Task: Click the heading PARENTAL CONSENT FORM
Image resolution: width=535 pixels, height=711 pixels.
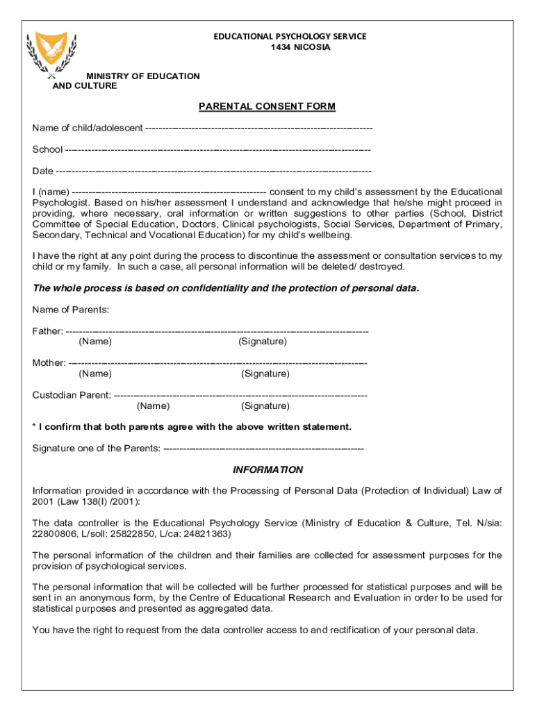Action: [x=267, y=106]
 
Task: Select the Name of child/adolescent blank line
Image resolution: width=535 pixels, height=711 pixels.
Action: [x=258, y=128]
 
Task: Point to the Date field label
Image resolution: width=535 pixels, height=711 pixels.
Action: [x=42, y=171]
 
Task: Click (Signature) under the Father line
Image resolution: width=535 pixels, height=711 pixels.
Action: [x=262, y=342]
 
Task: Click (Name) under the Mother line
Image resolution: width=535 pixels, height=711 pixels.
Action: [x=95, y=374]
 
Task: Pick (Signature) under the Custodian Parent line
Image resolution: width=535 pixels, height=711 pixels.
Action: [x=265, y=405]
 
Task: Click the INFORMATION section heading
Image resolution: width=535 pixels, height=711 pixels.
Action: [x=267, y=470]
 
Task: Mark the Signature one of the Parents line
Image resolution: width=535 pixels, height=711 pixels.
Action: [x=264, y=449]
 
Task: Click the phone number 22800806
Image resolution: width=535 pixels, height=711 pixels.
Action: [x=55, y=534]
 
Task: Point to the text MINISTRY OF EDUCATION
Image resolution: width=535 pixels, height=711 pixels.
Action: [x=142, y=76]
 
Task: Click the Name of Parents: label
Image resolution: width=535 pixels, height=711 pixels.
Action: [x=70, y=309]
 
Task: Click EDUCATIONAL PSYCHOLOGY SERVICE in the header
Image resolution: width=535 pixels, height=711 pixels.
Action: [x=289, y=36]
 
